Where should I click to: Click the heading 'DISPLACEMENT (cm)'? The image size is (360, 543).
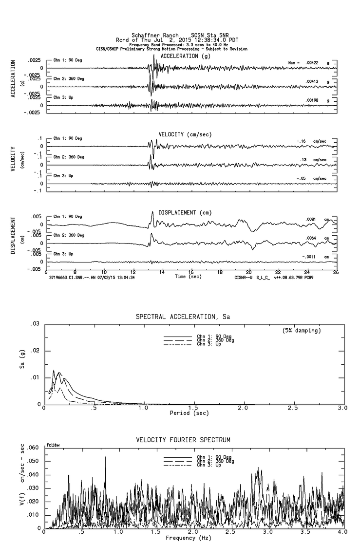184,212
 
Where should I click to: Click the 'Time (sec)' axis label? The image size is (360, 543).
188,276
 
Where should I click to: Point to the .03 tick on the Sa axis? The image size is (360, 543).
35,324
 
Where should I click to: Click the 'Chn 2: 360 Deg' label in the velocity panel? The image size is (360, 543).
69,157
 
